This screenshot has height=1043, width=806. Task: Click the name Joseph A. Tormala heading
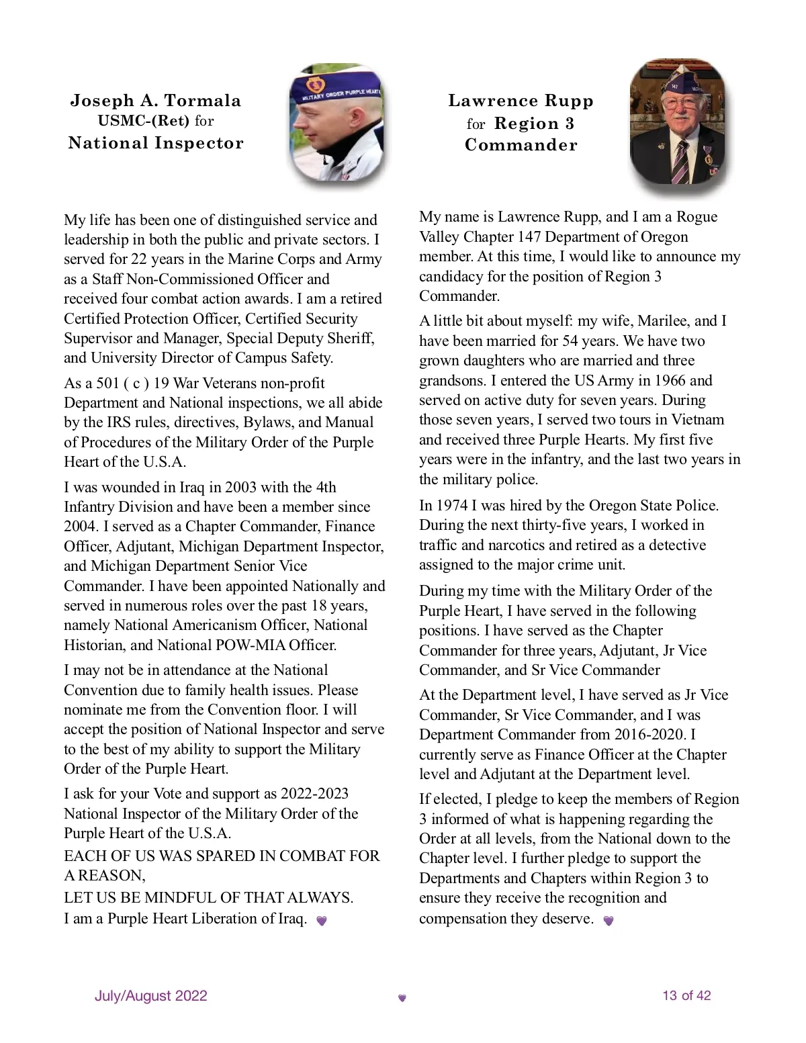click(156, 101)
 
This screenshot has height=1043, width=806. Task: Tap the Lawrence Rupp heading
click(521, 101)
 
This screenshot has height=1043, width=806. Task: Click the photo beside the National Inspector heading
click(336, 124)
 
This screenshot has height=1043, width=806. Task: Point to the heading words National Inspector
click(156, 143)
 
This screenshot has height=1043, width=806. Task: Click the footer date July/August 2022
click(151, 995)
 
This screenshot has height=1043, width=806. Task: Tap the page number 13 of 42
click(686, 995)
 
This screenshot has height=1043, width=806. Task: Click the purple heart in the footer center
click(402, 998)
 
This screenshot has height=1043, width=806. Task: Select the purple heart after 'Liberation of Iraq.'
click(322, 920)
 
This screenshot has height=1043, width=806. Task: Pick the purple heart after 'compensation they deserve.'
click(609, 920)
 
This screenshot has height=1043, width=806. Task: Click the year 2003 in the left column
click(240, 487)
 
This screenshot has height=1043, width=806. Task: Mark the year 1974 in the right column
click(452, 505)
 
